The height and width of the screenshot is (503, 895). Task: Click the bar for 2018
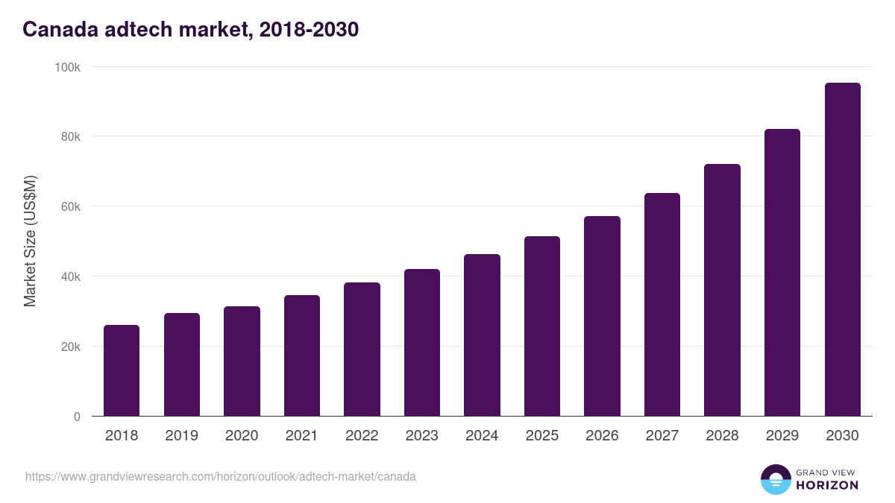click(122, 370)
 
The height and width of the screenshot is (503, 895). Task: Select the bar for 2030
click(842, 250)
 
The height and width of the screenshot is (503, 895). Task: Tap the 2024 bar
click(482, 335)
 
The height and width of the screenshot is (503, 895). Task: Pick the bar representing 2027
click(662, 305)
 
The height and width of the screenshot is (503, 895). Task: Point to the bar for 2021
click(302, 355)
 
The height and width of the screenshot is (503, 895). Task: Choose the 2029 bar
click(782, 273)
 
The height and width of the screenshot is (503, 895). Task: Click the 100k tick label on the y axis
click(68, 67)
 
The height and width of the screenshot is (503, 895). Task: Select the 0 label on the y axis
click(77, 417)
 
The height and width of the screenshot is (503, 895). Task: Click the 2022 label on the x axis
click(362, 436)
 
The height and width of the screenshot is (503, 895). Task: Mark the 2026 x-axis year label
click(602, 436)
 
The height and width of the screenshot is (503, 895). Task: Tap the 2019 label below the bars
click(181, 436)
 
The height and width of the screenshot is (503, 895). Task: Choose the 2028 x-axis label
click(722, 436)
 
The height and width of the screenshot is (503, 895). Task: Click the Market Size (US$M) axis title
click(30, 241)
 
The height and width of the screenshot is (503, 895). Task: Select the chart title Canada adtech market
click(190, 30)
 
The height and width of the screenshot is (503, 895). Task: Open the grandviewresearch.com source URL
click(221, 476)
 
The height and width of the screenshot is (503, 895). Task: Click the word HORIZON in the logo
click(827, 485)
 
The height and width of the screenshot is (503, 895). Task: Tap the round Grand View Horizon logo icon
click(776, 479)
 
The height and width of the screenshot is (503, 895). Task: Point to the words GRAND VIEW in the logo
click(827, 472)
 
